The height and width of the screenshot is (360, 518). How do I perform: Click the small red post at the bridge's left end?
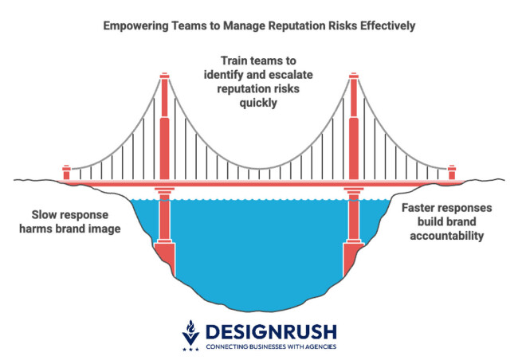(66, 171)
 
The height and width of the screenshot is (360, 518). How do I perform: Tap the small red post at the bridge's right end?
(451, 171)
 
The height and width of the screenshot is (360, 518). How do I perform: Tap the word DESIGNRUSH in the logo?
(269, 331)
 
